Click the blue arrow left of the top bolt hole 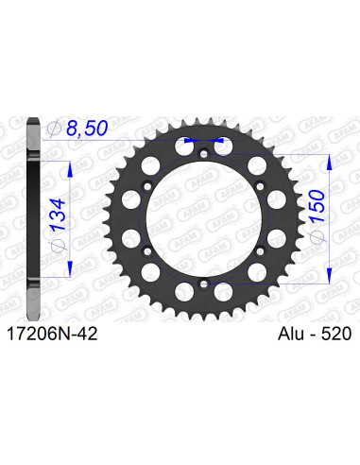point(193,141)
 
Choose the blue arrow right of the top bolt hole point(219,141)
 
